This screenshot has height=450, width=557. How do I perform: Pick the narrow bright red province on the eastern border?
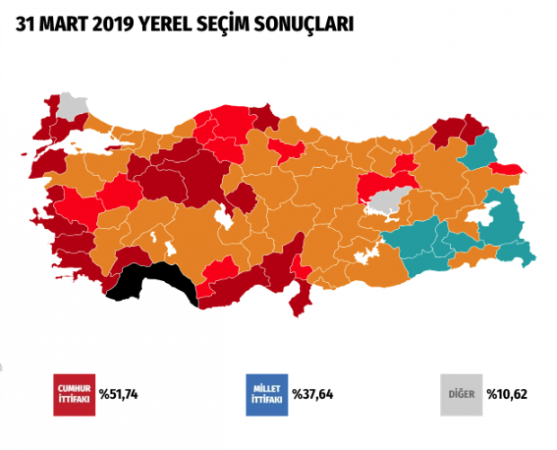pos(512,170)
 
